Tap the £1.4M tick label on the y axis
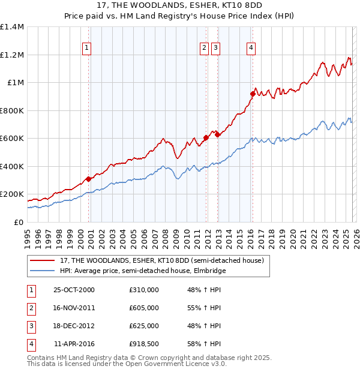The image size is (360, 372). (x=12, y=27)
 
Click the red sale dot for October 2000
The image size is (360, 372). (x=89, y=179)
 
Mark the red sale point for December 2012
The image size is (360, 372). (x=218, y=135)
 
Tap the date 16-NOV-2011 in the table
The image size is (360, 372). (x=74, y=307)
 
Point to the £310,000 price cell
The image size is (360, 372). (x=144, y=290)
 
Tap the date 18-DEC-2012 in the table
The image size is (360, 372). (x=74, y=326)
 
